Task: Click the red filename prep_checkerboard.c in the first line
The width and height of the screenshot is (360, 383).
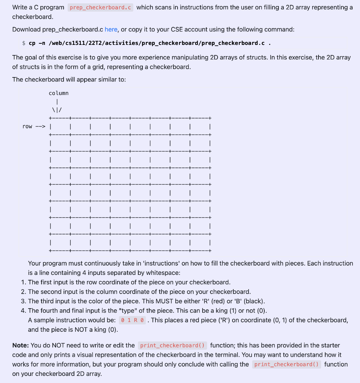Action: pos(101,7)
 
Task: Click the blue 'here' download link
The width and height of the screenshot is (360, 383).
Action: pos(111,29)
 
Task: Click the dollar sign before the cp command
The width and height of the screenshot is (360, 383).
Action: pos(24,43)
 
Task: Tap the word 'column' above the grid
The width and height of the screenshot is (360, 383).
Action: pos(59,93)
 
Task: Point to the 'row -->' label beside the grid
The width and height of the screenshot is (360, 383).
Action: pos(34,126)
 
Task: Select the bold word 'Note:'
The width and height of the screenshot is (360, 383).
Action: pos(21,345)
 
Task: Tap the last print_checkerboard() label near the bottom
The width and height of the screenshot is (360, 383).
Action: pos(286,364)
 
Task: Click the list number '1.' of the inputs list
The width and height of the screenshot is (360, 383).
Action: pos(24,282)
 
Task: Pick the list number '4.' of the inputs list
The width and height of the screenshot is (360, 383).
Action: pos(24,311)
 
